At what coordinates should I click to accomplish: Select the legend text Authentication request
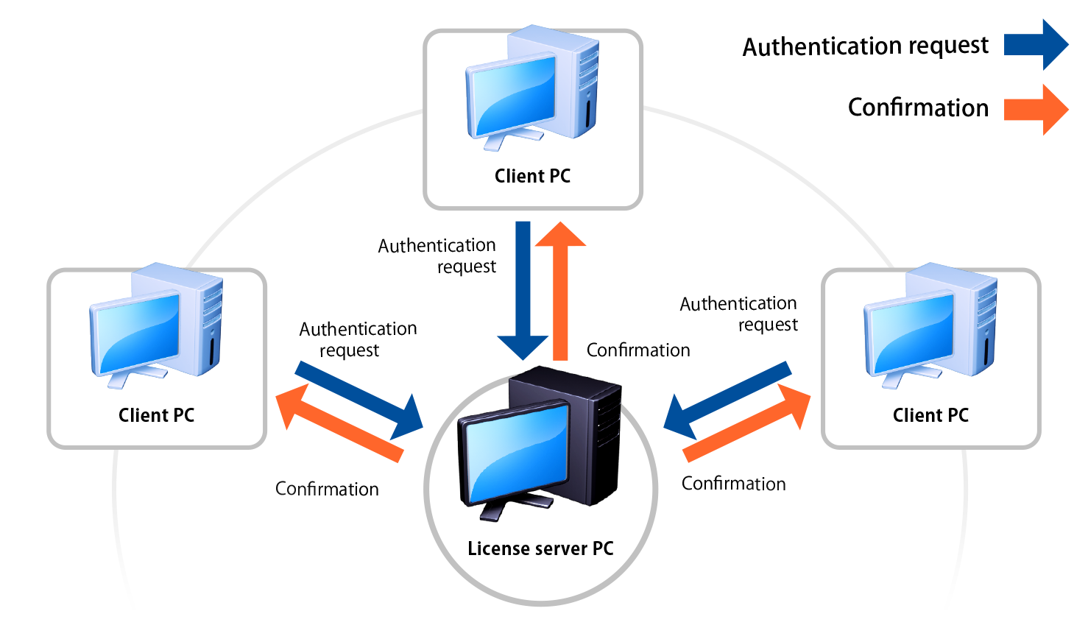click(x=865, y=46)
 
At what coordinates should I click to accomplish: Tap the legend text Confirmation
click(x=918, y=107)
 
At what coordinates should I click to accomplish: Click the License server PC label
click(x=540, y=548)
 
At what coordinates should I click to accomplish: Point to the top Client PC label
click(x=532, y=176)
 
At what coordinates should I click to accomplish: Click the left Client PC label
click(x=156, y=415)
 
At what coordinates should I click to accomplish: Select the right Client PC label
click(x=930, y=415)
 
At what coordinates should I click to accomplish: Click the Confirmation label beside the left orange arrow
click(x=327, y=489)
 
